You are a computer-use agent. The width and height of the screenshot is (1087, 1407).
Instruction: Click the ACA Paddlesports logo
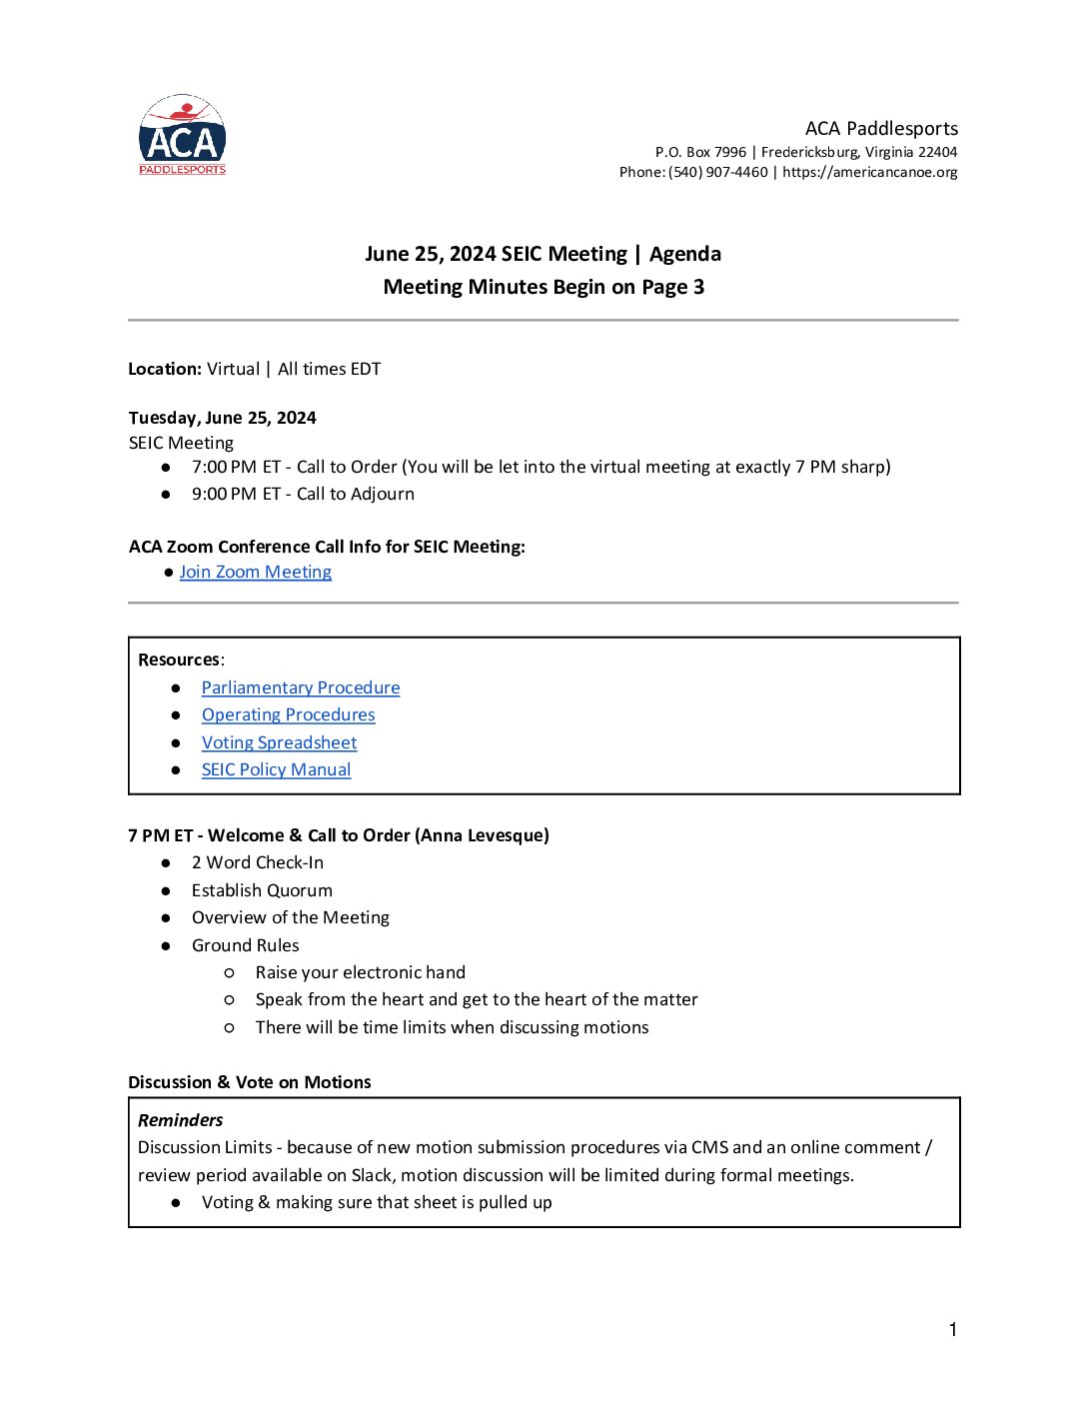182,135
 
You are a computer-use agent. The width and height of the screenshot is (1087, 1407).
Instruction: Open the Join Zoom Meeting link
255,572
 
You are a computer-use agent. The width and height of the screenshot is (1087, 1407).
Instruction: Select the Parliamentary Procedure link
301,688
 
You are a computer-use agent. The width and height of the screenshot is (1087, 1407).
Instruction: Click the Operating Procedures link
288,714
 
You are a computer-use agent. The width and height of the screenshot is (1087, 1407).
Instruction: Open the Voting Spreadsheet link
279,742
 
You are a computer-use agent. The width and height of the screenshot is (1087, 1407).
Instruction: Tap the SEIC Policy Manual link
276,769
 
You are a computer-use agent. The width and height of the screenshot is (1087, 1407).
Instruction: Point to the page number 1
953,1329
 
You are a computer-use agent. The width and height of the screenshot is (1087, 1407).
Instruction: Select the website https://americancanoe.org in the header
869,172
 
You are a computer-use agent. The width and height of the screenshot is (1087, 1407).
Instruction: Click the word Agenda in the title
685,254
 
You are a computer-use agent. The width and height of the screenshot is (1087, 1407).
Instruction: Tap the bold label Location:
165,369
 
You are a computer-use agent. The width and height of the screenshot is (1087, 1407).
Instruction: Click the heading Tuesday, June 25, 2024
222,418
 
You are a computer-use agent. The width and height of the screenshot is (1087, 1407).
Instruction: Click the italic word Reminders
180,1120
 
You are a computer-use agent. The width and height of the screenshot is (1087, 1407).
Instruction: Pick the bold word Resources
179,660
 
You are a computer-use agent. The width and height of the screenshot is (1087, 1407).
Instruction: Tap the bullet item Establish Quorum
262,890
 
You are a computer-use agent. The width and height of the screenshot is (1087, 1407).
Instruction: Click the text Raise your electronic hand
360,972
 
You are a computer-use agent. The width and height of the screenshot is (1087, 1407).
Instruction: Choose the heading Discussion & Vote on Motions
249,1082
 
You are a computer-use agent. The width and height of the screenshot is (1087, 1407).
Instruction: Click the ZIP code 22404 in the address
937,152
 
